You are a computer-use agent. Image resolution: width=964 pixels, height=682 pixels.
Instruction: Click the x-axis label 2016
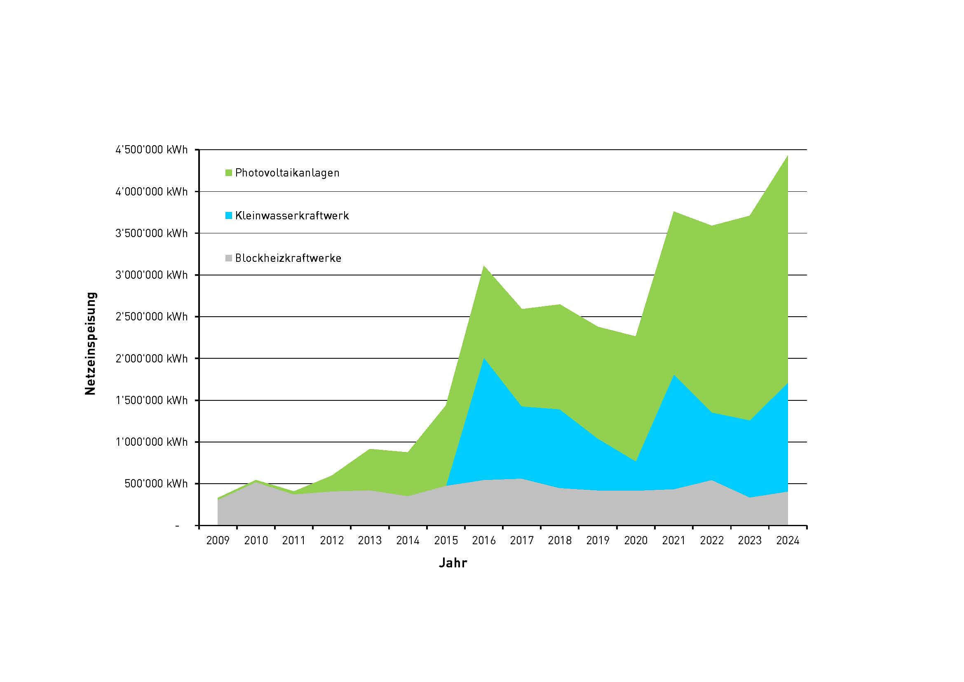[484, 541]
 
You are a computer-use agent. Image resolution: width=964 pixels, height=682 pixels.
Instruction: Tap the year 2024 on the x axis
[788, 541]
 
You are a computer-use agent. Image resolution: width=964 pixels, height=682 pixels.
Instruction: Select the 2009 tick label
[218, 541]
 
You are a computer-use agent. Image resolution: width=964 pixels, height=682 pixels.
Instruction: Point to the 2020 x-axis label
[636, 541]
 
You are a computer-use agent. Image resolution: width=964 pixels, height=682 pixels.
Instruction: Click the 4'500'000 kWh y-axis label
[152, 150]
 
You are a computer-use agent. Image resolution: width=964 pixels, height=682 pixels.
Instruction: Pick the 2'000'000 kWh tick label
[152, 359]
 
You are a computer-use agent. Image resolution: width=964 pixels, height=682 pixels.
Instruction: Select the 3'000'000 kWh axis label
[152, 275]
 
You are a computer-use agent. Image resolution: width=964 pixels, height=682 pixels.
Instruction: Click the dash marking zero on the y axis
[177, 526]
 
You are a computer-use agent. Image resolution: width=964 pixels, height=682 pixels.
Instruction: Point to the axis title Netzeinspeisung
[90, 343]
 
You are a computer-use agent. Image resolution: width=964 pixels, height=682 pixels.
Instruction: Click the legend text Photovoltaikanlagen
[287, 173]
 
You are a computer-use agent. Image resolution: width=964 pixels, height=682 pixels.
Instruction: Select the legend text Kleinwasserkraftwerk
[292, 216]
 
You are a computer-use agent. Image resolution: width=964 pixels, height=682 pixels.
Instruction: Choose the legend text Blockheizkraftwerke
[288, 258]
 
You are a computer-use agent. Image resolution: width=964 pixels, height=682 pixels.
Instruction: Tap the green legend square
[228, 173]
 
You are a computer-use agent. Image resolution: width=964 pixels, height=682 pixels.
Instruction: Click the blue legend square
[228, 216]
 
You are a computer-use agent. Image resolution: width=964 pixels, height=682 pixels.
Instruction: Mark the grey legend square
[228, 258]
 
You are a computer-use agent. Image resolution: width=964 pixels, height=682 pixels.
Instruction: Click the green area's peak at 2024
[787, 156]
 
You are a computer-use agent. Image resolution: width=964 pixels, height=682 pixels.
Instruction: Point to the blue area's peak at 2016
[484, 359]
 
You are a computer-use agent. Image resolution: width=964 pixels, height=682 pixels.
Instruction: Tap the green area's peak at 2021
[673, 212]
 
